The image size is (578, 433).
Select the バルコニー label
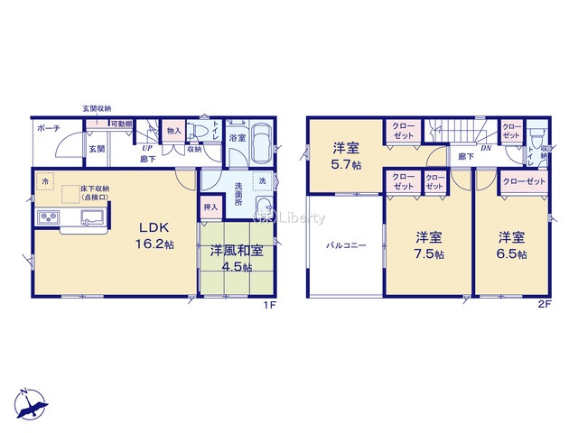pyautogui.click(x=346, y=245)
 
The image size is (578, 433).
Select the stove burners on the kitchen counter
pyautogui.click(x=47, y=219)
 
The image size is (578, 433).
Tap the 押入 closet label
pyautogui.click(x=210, y=207)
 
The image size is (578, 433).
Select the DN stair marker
pyautogui.click(x=485, y=148)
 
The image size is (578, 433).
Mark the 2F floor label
pyautogui.click(x=544, y=306)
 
